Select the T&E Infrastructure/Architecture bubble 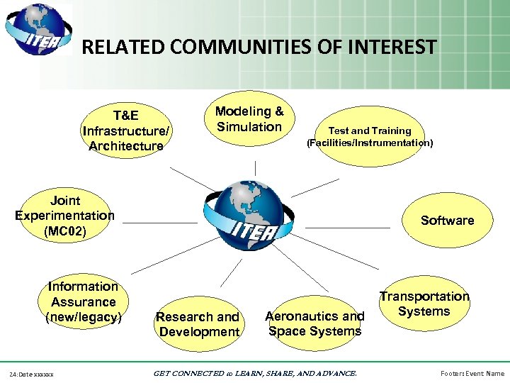pos(126,131)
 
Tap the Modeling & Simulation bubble pos(249,119)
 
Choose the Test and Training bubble pos(369,136)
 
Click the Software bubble pos(447,221)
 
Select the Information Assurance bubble pos(84,301)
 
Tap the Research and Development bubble pos(198,324)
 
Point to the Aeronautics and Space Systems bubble pos(314,323)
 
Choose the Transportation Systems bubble pos(424,304)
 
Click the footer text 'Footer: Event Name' pos(472,373)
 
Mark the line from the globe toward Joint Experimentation pos(159,223)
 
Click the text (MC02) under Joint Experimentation pos(64,231)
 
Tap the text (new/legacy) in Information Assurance pos(84,317)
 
